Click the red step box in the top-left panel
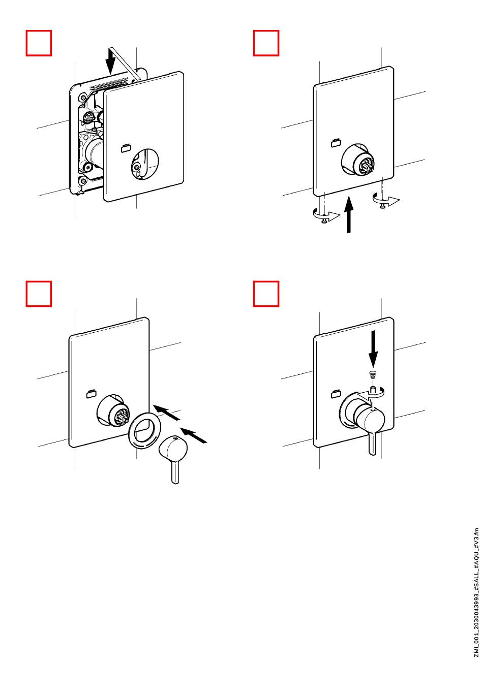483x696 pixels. tap(39, 43)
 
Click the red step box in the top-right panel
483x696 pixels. tap(266, 43)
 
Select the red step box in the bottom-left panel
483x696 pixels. tap(39, 294)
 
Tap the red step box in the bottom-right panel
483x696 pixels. tap(266, 294)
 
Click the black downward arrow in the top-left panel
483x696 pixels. tap(110, 61)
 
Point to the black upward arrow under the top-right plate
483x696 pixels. tap(349, 214)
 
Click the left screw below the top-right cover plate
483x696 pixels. tap(325, 219)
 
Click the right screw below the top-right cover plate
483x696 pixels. tap(383, 206)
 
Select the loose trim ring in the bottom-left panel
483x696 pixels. tap(144, 430)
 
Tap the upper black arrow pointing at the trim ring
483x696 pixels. tap(167, 412)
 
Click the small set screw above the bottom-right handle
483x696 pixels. tap(373, 374)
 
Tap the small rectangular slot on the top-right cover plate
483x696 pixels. tap(335, 143)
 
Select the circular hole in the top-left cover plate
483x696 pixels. tap(145, 164)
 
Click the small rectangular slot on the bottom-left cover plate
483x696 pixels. tap(91, 394)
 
